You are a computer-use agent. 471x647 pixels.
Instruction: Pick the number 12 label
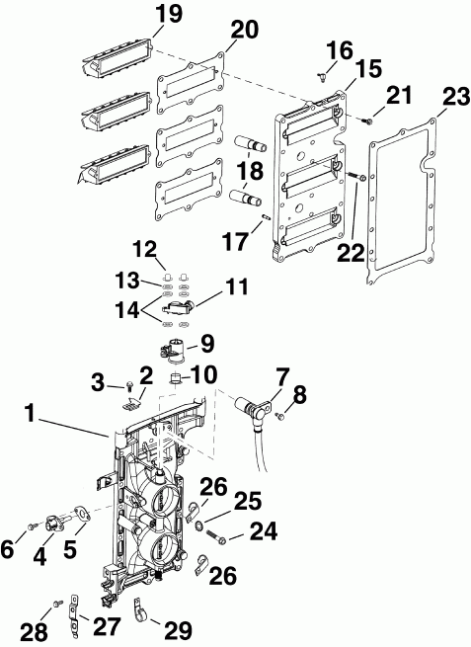tap(144, 246)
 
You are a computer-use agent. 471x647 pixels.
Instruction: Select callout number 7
tap(282, 377)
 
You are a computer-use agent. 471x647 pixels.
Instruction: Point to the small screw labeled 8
tap(278, 418)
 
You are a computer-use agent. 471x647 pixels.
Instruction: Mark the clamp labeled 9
tap(174, 349)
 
